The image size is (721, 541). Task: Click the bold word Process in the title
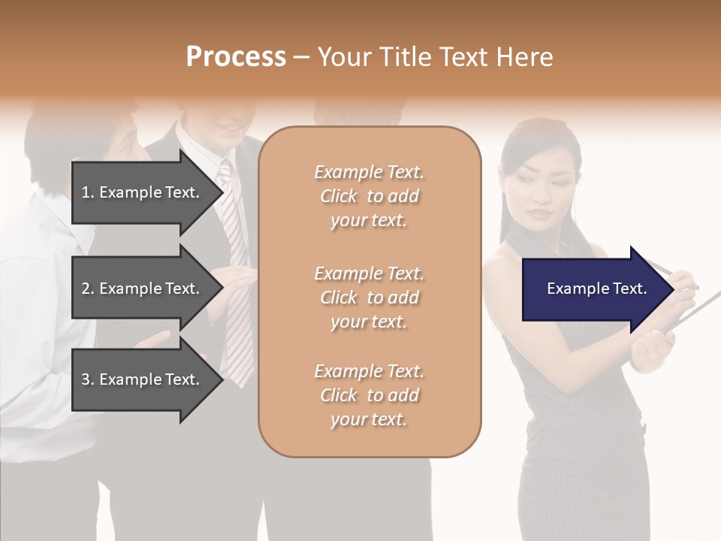(x=236, y=57)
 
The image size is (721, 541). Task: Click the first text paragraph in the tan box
(x=369, y=196)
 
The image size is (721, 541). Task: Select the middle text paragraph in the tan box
(x=369, y=298)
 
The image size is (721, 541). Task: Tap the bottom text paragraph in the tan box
(x=369, y=395)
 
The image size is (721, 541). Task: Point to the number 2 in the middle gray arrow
(x=86, y=289)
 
